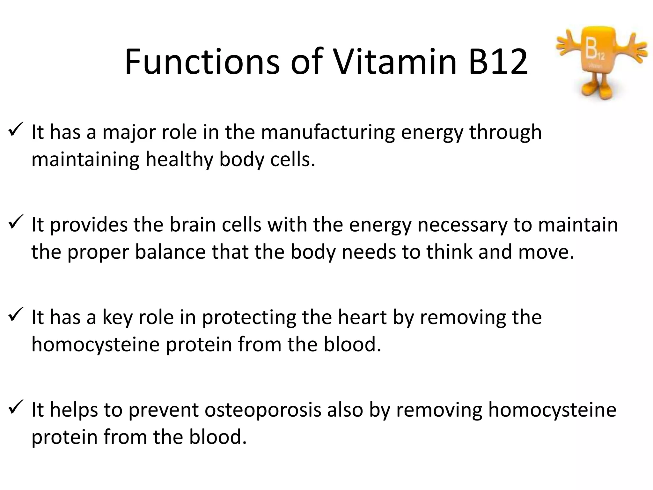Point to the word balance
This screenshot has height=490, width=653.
coord(170,252)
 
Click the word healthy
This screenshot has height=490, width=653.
coord(179,159)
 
